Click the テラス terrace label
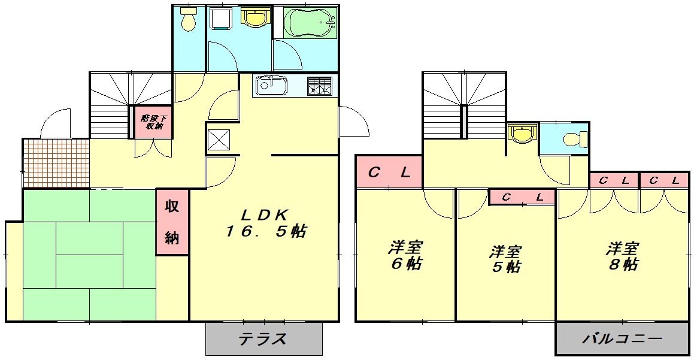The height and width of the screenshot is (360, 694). point(263,339)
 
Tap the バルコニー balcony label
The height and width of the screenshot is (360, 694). point(623,339)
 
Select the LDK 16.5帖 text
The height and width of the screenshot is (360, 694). point(266,223)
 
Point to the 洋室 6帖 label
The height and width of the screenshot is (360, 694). point(405,255)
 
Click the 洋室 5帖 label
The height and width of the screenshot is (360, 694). point(506,258)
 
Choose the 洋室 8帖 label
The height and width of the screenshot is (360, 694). point(623,255)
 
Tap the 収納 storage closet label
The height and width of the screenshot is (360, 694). point(172,222)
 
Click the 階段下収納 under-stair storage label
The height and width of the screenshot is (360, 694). point(152,122)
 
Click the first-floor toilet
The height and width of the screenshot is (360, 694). point(189,20)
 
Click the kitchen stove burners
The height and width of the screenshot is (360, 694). point(320,86)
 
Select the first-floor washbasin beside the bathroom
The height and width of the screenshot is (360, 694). point(256,18)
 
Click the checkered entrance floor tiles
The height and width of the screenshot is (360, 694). point(56,162)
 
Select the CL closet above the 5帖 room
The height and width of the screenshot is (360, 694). point(523,196)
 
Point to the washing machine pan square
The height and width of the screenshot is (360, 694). point(222,20)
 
